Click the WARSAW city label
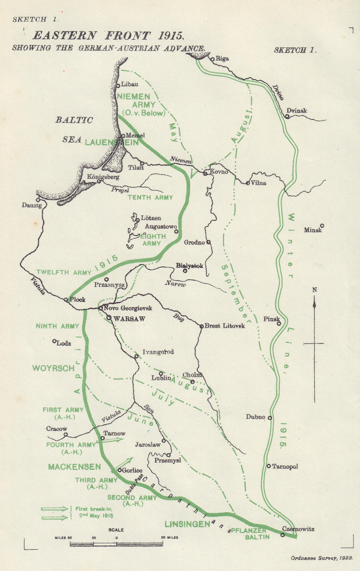(x=129, y=319)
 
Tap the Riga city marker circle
(x=213, y=59)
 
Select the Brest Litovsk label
(x=225, y=326)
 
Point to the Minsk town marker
(x=322, y=226)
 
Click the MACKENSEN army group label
(x=75, y=467)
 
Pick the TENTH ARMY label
(x=150, y=197)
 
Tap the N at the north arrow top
(x=314, y=290)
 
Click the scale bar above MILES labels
(x=116, y=544)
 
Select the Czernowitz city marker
(x=283, y=535)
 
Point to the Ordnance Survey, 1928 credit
(x=322, y=558)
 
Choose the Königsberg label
(x=103, y=177)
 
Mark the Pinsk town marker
(x=279, y=323)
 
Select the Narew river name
(x=175, y=284)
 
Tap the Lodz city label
(x=64, y=343)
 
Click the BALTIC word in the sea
(x=74, y=120)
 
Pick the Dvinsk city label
(x=297, y=110)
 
